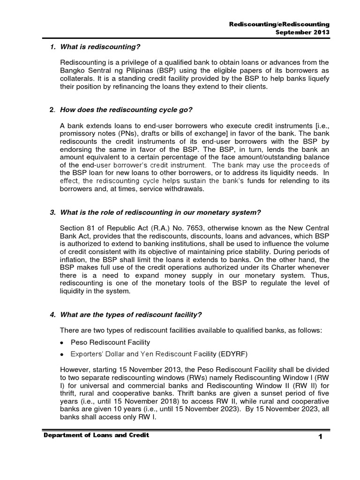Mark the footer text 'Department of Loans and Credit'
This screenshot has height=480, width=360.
(96, 436)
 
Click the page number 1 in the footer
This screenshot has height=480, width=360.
(321, 437)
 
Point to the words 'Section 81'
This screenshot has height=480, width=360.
(76, 229)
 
